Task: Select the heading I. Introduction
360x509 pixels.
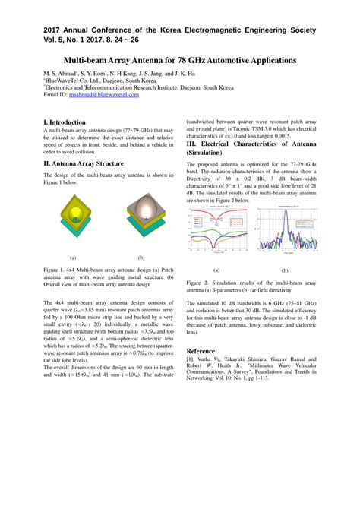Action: click(65, 122)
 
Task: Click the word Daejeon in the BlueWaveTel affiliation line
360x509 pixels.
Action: click(114, 81)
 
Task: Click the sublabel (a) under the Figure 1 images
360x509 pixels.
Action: click(72, 258)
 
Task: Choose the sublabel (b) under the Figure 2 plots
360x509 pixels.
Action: click(285, 270)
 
